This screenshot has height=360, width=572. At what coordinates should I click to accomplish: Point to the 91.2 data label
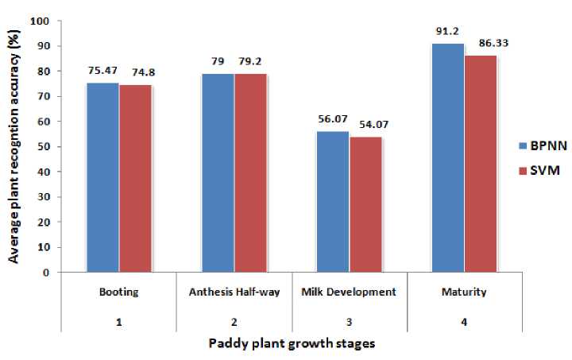(x=446, y=33)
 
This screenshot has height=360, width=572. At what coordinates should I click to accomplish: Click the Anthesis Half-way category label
(x=234, y=292)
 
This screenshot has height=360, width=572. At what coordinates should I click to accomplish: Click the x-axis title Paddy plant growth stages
(x=291, y=345)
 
